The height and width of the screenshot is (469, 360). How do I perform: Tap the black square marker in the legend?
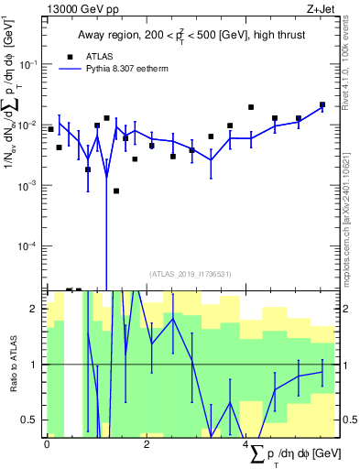[x=71, y=56]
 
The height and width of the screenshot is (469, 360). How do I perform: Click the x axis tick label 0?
[x=47, y=444]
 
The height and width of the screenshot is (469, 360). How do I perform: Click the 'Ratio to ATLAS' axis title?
[x=13, y=364]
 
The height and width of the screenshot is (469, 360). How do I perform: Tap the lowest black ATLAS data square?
[x=116, y=191]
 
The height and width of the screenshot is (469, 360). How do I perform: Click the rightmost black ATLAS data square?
[x=322, y=104]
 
